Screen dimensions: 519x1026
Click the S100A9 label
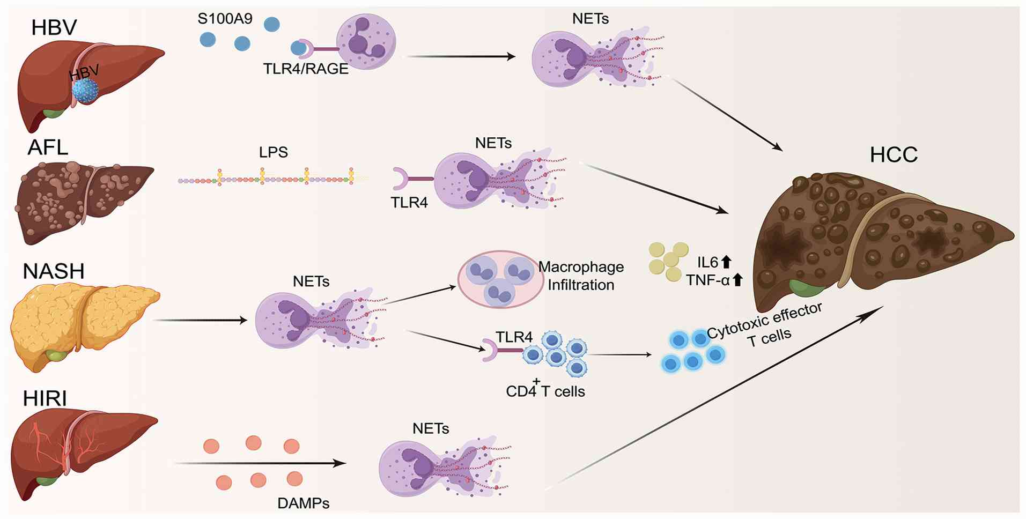225,19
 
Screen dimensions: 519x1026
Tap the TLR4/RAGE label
306,69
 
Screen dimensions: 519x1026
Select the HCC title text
894,155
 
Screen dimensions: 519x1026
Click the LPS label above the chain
274,152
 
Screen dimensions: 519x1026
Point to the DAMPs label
303,503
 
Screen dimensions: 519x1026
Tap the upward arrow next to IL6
726,262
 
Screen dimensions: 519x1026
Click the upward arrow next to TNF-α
737,279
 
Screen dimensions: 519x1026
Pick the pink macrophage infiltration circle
500,279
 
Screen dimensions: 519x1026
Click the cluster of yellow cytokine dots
668,261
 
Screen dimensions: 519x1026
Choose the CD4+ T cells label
545,390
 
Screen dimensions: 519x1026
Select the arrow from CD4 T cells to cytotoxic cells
619,354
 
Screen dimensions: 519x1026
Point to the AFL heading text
48,147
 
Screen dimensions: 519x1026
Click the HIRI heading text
45,399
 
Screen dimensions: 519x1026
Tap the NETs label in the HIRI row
431,428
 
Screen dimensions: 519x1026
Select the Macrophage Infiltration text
581,276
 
